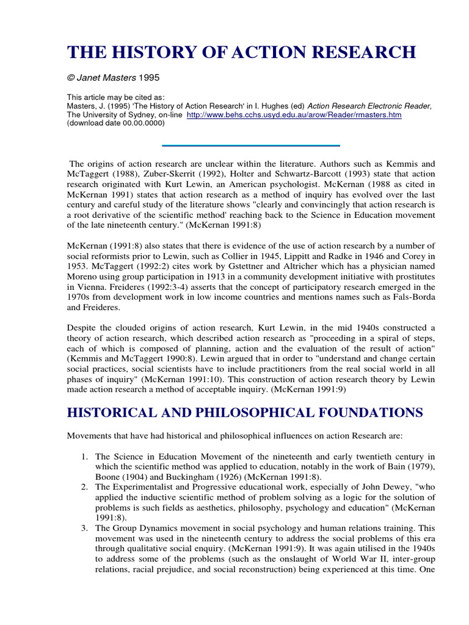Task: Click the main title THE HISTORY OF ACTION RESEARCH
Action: (x=241, y=53)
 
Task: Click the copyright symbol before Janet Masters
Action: (x=70, y=78)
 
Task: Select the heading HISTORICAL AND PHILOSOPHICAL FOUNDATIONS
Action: (x=244, y=413)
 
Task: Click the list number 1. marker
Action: (x=85, y=457)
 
